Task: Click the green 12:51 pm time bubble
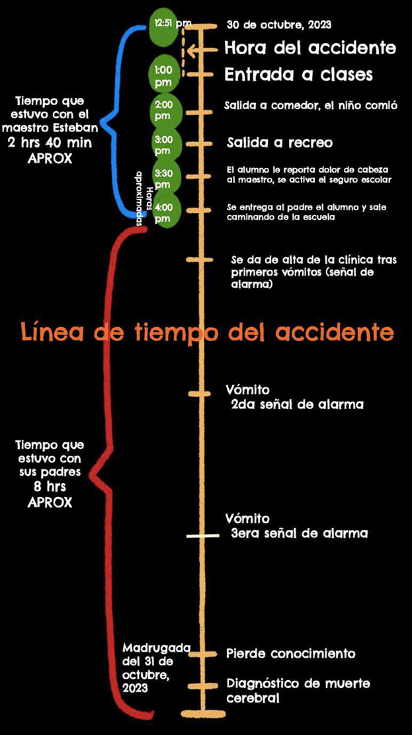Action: click(x=163, y=27)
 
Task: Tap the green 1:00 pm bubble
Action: click(x=163, y=74)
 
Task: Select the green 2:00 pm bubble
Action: click(x=163, y=110)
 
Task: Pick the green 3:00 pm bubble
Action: click(x=163, y=144)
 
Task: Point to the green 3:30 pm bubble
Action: click(x=163, y=177)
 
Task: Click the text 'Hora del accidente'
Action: click(x=309, y=48)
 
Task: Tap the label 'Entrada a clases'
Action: click(x=298, y=75)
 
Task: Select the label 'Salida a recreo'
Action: click(x=279, y=143)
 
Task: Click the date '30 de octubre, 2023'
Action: click(x=278, y=25)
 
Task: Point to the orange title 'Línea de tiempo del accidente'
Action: click(x=206, y=331)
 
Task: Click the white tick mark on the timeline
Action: click(x=202, y=536)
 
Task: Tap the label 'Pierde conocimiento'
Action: click(x=290, y=653)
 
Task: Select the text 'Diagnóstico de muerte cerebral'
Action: click(x=298, y=690)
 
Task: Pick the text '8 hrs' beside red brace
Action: click(x=50, y=487)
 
